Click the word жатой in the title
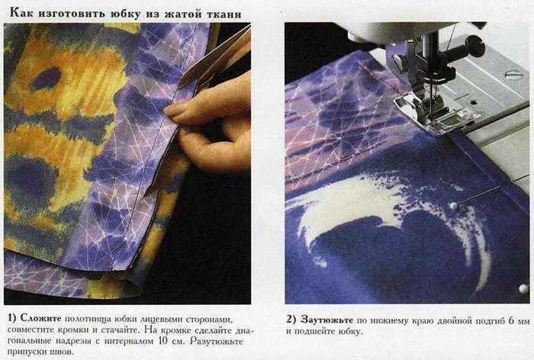tap(183, 14)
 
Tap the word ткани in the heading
tap(224, 14)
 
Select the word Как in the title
tap(21, 13)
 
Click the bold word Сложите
tap(41, 318)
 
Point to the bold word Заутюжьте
tap(327, 320)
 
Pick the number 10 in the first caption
tap(163, 341)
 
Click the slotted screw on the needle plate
tap(513, 75)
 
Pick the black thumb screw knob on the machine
tap(475, 45)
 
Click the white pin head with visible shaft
tap(453, 205)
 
